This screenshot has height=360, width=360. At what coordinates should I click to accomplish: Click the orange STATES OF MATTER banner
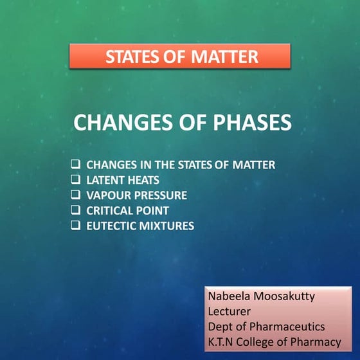[x=180, y=57]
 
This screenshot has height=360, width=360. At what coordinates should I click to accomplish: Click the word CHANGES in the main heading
[x=118, y=122]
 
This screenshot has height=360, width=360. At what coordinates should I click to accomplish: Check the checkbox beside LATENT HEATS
[x=75, y=180]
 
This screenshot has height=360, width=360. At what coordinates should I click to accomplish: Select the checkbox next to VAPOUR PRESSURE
[x=75, y=195]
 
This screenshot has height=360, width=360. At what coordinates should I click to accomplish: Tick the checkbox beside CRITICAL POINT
[x=75, y=210]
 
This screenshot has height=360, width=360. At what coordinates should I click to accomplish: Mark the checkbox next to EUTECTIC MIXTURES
[x=75, y=226]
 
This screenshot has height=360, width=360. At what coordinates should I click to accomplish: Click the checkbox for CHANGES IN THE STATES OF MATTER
[x=75, y=165]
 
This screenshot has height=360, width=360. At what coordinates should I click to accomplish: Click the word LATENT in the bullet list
[x=105, y=180]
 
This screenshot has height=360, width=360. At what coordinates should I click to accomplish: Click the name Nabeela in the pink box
[x=228, y=298]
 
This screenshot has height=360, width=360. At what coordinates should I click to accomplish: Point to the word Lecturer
[x=228, y=312]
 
